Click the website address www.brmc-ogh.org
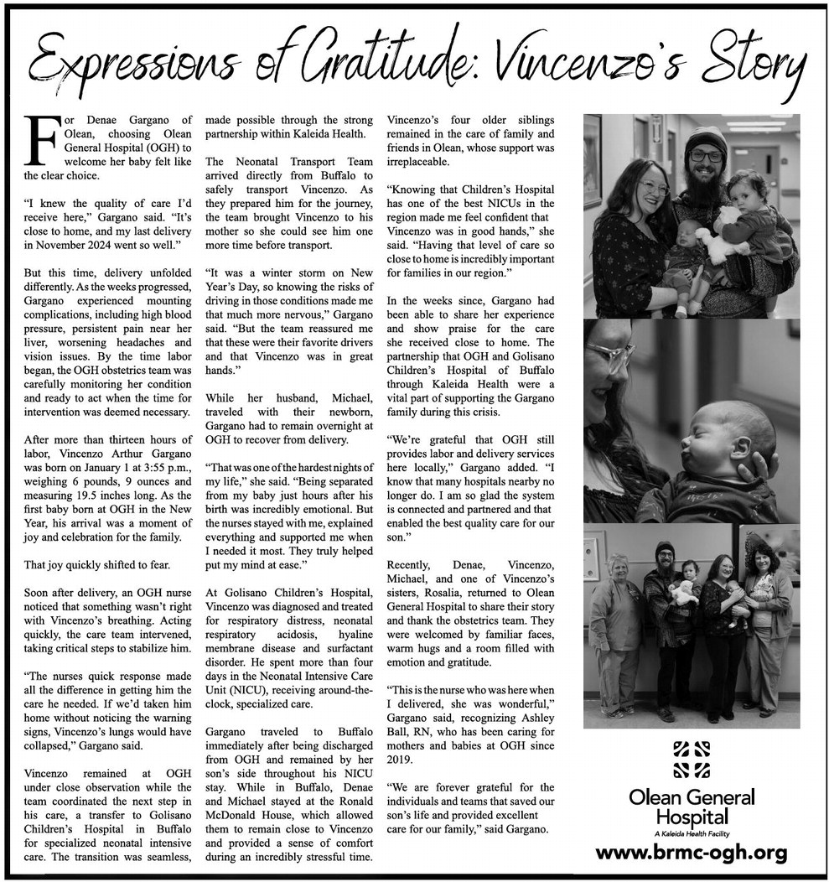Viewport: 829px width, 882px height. [692, 853]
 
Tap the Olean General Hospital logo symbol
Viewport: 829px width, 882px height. [692, 759]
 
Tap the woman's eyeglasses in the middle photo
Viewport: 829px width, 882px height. [609, 355]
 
